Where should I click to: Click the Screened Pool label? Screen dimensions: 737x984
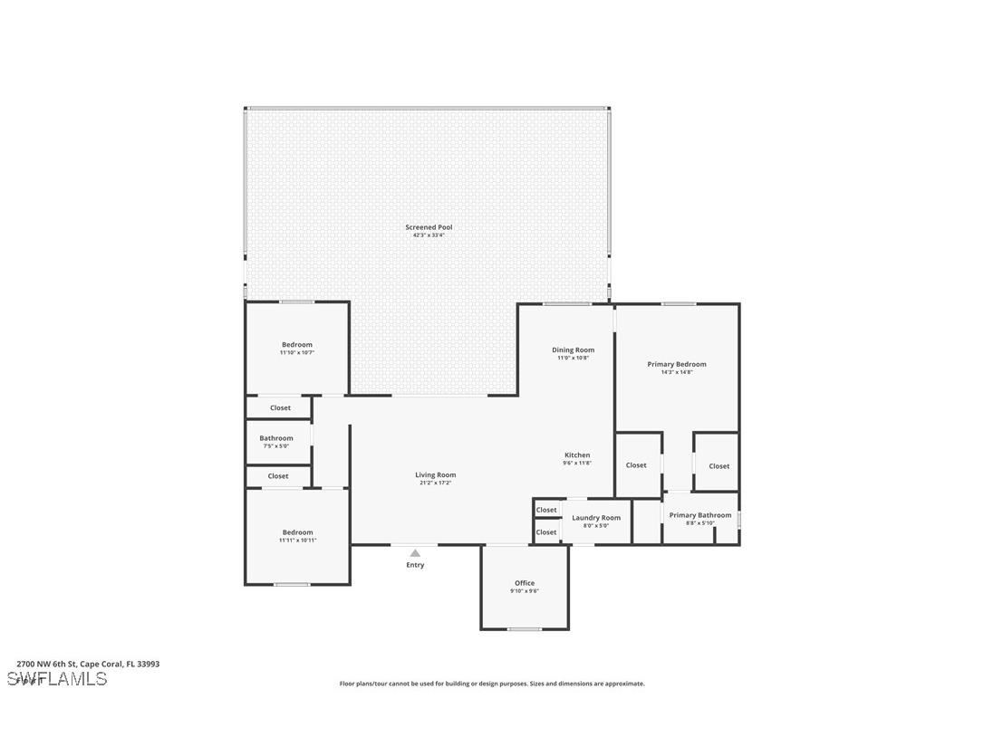pyautogui.click(x=428, y=227)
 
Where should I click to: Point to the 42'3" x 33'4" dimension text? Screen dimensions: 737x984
pyautogui.click(x=428, y=235)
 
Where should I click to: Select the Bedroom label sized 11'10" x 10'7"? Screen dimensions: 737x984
pyautogui.click(x=297, y=345)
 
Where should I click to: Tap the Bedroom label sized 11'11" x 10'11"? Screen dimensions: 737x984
pyautogui.click(x=297, y=532)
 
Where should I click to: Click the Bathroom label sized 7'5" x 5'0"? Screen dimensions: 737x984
pyautogui.click(x=276, y=438)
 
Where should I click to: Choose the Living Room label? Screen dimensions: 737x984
pyautogui.click(x=436, y=474)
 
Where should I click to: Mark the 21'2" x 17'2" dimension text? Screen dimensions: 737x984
pyautogui.click(x=436, y=483)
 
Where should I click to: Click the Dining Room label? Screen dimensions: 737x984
pyautogui.click(x=573, y=350)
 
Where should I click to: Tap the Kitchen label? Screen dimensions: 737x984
pyautogui.click(x=577, y=455)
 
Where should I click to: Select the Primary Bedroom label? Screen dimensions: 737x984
pyautogui.click(x=677, y=364)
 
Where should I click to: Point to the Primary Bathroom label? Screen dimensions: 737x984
pyautogui.click(x=699, y=515)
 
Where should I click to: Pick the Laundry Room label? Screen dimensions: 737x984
pyautogui.click(x=596, y=518)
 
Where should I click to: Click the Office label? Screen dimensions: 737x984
pyautogui.click(x=525, y=583)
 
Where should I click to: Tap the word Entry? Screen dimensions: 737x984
pyautogui.click(x=415, y=565)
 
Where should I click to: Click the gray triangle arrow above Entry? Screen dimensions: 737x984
pyautogui.click(x=415, y=552)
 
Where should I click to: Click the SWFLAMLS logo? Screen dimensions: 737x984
pyautogui.click(x=57, y=679)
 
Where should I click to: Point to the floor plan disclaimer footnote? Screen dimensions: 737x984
pyautogui.click(x=492, y=684)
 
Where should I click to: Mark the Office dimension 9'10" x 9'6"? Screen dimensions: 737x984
pyautogui.click(x=525, y=591)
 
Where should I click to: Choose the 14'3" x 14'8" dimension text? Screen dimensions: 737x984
pyautogui.click(x=677, y=372)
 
